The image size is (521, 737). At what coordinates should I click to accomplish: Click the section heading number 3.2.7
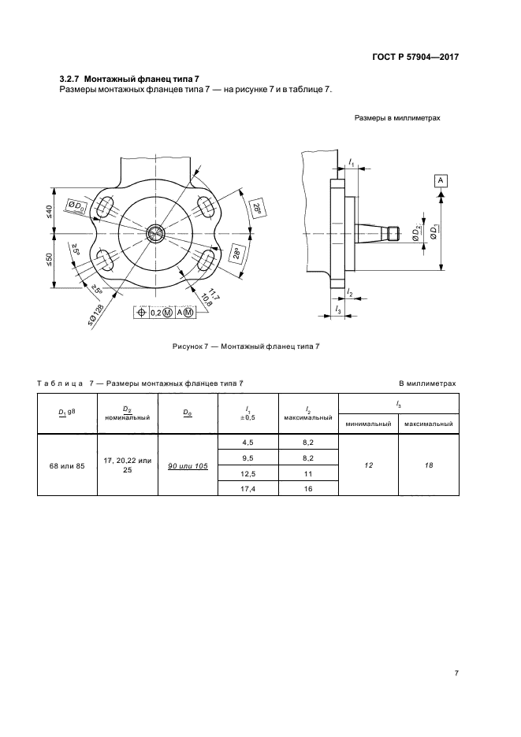[71, 78]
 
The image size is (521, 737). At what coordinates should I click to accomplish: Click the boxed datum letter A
[441, 181]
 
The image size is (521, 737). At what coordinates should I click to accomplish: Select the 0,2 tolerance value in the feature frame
[157, 313]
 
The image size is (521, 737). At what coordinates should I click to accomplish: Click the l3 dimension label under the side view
[337, 311]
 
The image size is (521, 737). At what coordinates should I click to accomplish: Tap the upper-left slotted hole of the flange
[104, 206]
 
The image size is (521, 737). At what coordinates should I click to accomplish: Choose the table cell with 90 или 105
[187, 466]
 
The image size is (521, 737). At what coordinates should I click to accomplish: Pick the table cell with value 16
[307, 488]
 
